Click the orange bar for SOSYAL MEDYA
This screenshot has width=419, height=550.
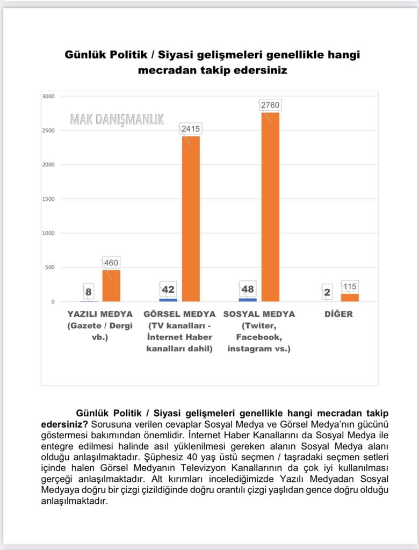(270, 207)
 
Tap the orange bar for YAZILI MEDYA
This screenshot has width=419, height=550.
(111, 286)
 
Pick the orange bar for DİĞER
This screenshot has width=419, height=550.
(350, 298)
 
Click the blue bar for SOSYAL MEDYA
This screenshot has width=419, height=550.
(248, 300)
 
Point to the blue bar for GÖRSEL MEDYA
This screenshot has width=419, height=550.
(168, 300)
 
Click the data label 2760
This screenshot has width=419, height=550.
(270, 105)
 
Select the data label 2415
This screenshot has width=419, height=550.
(191, 129)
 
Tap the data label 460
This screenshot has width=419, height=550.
(111, 263)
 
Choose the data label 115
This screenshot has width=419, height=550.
(350, 286)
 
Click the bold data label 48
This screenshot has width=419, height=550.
(248, 289)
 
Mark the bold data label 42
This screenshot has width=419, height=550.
(168, 290)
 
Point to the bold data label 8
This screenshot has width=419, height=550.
(89, 292)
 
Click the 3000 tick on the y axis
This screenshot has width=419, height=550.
(48, 96)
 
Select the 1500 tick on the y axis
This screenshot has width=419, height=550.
(48, 199)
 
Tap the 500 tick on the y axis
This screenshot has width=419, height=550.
(49, 267)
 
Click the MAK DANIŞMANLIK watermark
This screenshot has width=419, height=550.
(117, 120)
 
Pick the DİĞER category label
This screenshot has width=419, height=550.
(339, 314)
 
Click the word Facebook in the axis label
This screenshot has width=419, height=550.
(259, 337)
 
